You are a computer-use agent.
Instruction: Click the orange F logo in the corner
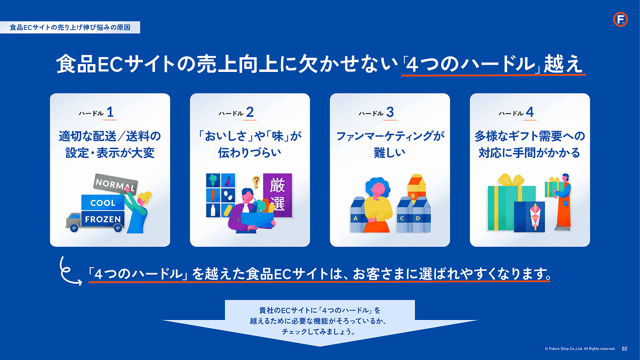click(620, 19)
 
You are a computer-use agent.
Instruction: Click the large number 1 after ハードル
click(110, 113)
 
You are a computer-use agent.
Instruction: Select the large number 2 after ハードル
click(250, 113)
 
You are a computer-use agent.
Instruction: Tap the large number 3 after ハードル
click(390, 113)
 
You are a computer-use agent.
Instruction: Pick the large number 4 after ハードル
click(530, 113)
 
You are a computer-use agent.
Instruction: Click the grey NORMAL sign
click(116, 185)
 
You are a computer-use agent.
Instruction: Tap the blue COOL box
click(103, 203)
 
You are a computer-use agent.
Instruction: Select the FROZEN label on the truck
click(103, 219)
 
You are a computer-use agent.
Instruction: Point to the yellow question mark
click(256, 181)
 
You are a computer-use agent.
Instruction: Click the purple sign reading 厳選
click(277, 195)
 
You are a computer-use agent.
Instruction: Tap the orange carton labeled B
click(417, 189)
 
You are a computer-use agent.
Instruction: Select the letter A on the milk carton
click(355, 219)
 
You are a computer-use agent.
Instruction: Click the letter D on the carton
click(418, 219)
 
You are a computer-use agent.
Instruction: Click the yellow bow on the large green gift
click(511, 180)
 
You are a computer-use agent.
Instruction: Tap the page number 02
click(625, 349)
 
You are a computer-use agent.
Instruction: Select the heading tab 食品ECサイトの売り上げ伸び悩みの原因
click(70, 27)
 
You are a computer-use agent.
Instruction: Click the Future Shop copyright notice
click(580, 349)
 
